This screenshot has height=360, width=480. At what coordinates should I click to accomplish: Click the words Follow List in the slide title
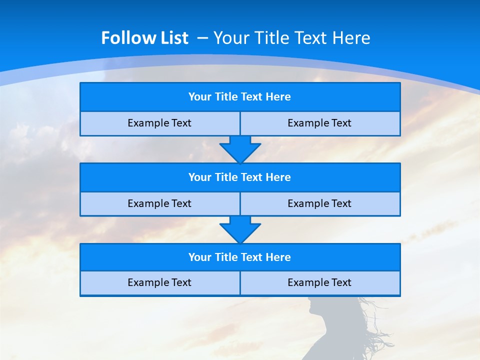point(144,38)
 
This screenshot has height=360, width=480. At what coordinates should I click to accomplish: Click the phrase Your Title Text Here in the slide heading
point(291,38)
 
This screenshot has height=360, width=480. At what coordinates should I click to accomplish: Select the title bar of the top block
point(240,97)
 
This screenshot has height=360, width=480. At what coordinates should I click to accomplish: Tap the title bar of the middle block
point(240,177)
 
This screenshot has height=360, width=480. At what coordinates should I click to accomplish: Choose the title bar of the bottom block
point(240,257)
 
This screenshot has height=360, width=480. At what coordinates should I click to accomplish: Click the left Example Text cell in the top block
point(159,123)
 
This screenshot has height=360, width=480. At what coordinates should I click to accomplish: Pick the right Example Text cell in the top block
point(319,123)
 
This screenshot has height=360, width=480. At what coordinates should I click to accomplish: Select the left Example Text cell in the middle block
point(159,203)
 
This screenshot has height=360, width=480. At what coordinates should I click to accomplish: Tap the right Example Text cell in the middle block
point(319,203)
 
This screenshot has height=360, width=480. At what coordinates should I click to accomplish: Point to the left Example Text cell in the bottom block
point(159,282)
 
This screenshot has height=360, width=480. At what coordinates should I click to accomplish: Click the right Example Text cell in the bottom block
point(319,282)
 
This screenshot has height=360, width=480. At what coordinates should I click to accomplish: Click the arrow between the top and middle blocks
point(240,149)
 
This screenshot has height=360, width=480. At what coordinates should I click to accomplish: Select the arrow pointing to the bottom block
point(240,229)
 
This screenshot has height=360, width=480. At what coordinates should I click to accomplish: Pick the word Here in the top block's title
point(278,97)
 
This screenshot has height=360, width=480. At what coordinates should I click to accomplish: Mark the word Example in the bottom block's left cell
point(145,282)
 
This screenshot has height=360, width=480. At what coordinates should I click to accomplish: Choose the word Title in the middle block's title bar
point(226,177)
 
